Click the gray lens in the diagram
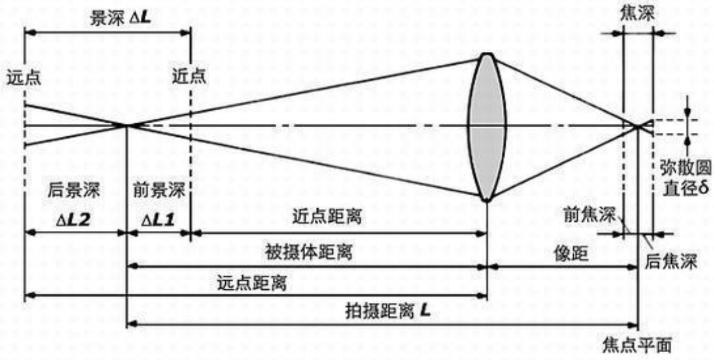487,126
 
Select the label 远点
23,77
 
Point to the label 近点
189,77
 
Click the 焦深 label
637,12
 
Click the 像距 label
572,253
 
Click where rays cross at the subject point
127,125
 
